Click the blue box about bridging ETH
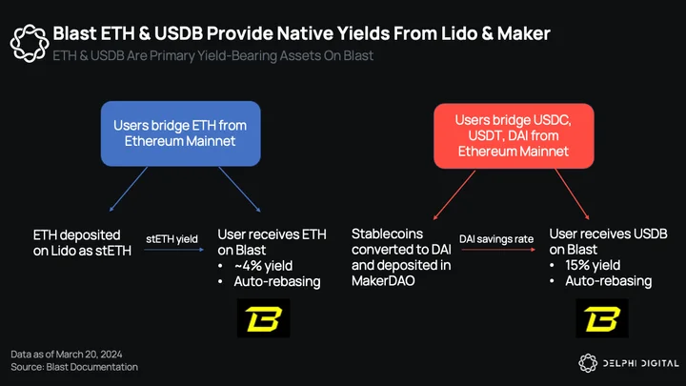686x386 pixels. [181, 133]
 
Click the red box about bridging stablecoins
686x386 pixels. [514, 135]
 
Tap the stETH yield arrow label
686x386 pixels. [171, 239]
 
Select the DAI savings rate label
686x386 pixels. [496, 239]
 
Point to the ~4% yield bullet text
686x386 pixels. [263, 266]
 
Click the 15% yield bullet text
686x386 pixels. [593, 265]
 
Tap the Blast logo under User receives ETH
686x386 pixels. [263, 318]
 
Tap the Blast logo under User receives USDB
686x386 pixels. [602, 318]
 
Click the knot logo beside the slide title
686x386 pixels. [30, 43]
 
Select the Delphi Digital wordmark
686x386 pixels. [641, 363]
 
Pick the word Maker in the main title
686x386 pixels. [524, 33]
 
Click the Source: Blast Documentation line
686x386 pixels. [74, 367]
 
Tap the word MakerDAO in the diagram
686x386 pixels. [383, 280]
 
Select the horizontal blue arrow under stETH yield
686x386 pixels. [173, 250]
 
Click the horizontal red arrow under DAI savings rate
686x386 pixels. [498, 250]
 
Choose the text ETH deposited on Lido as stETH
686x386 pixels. [82, 243]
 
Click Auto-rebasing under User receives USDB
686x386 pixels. [609, 281]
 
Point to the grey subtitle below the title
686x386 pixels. [213, 55]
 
